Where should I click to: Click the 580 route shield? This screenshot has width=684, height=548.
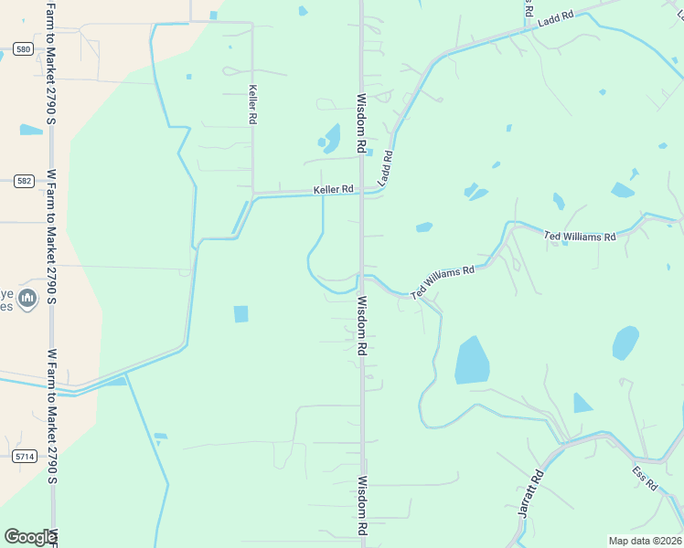click(x=23, y=48)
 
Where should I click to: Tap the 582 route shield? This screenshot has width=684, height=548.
click(x=24, y=181)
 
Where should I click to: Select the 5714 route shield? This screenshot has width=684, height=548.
click(x=25, y=456)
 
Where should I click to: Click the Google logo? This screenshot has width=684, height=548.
click(x=31, y=537)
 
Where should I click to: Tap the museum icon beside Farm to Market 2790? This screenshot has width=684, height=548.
click(x=27, y=298)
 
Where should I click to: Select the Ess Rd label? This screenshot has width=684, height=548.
click(x=645, y=479)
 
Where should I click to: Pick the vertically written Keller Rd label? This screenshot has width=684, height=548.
click(x=252, y=105)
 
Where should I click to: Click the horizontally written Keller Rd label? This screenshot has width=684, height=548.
click(x=333, y=190)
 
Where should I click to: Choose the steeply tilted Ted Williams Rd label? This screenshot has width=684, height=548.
click(x=444, y=281)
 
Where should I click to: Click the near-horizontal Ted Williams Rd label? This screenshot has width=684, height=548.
click(x=580, y=237)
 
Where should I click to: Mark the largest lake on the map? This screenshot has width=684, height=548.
click(x=472, y=361)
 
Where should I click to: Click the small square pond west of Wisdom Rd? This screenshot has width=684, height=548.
click(x=241, y=314)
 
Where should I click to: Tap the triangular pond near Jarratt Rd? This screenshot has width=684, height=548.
click(x=582, y=403)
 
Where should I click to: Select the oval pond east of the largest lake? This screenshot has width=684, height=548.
click(x=625, y=342)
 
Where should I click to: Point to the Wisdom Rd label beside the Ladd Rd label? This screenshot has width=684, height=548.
click(x=362, y=123)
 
